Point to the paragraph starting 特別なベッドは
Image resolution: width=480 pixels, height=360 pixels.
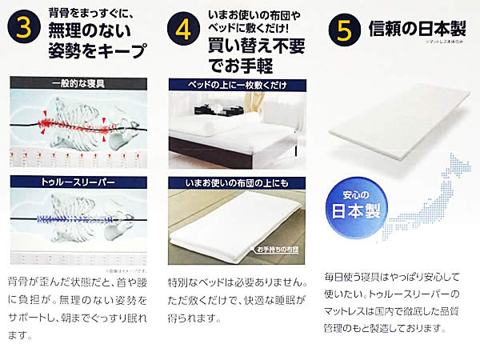pyautogui.click(x=238, y=301)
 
